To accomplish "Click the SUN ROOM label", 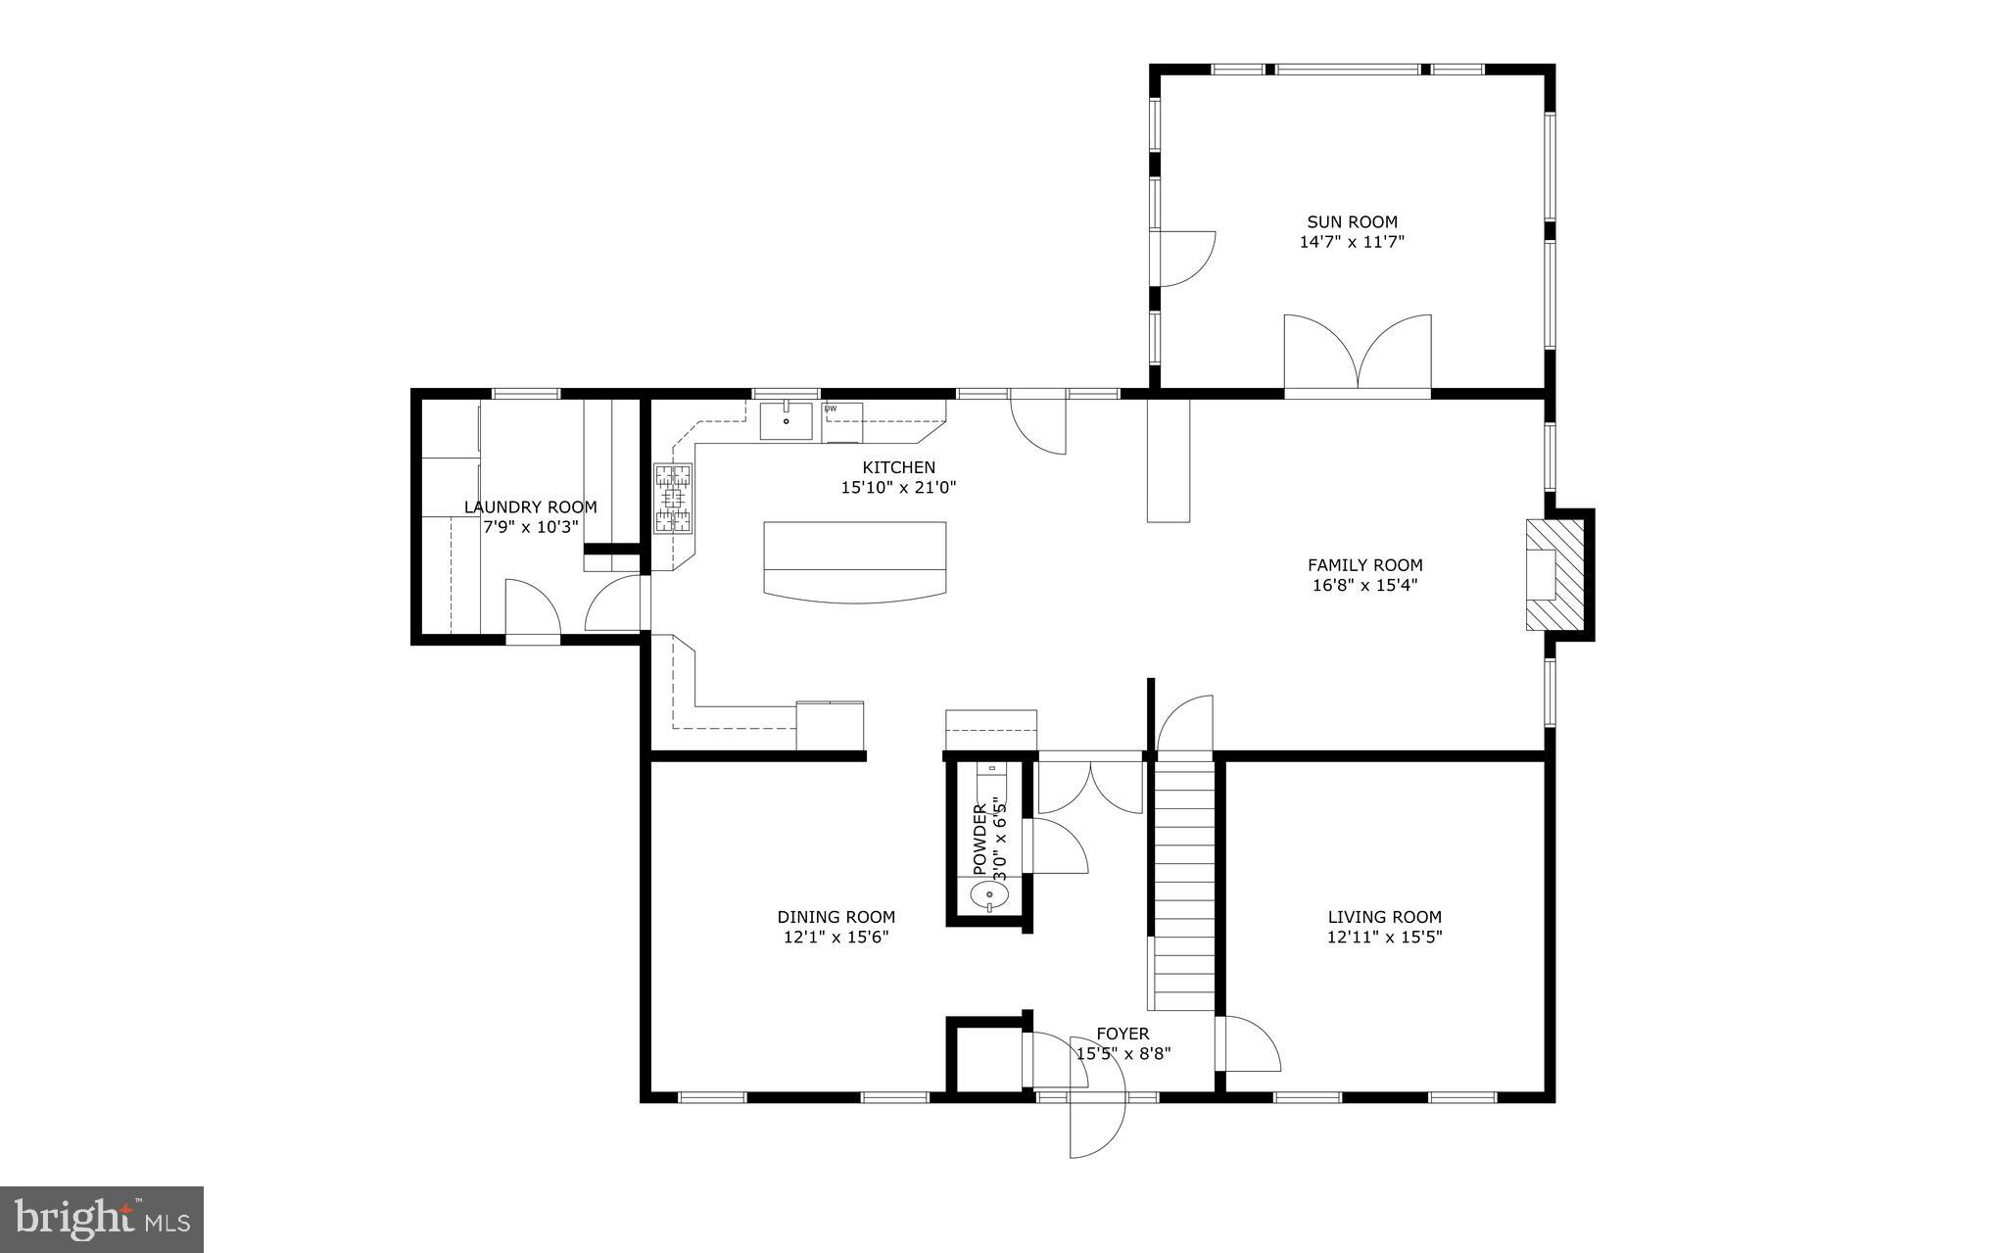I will pyautogui.click(x=1352, y=222).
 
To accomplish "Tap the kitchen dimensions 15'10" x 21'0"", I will pyautogui.click(x=898, y=487).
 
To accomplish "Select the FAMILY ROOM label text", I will pyautogui.click(x=1364, y=565).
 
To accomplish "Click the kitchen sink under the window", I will pyautogui.click(x=787, y=421).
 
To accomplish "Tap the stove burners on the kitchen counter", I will pyautogui.click(x=674, y=499).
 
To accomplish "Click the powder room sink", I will pyautogui.click(x=989, y=894).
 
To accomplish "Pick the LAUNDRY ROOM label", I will pyautogui.click(x=530, y=507).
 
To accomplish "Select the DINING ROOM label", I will pyautogui.click(x=836, y=917).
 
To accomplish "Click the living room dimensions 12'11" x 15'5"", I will pyautogui.click(x=1384, y=937).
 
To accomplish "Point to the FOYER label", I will pyautogui.click(x=1122, y=1034).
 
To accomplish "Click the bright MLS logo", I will pyautogui.click(x=102, y=1219).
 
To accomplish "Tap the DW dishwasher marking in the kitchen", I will pyautogui.click(x=831, y=409).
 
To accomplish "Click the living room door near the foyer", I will pyautogui.click(x=1250, y=1044).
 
